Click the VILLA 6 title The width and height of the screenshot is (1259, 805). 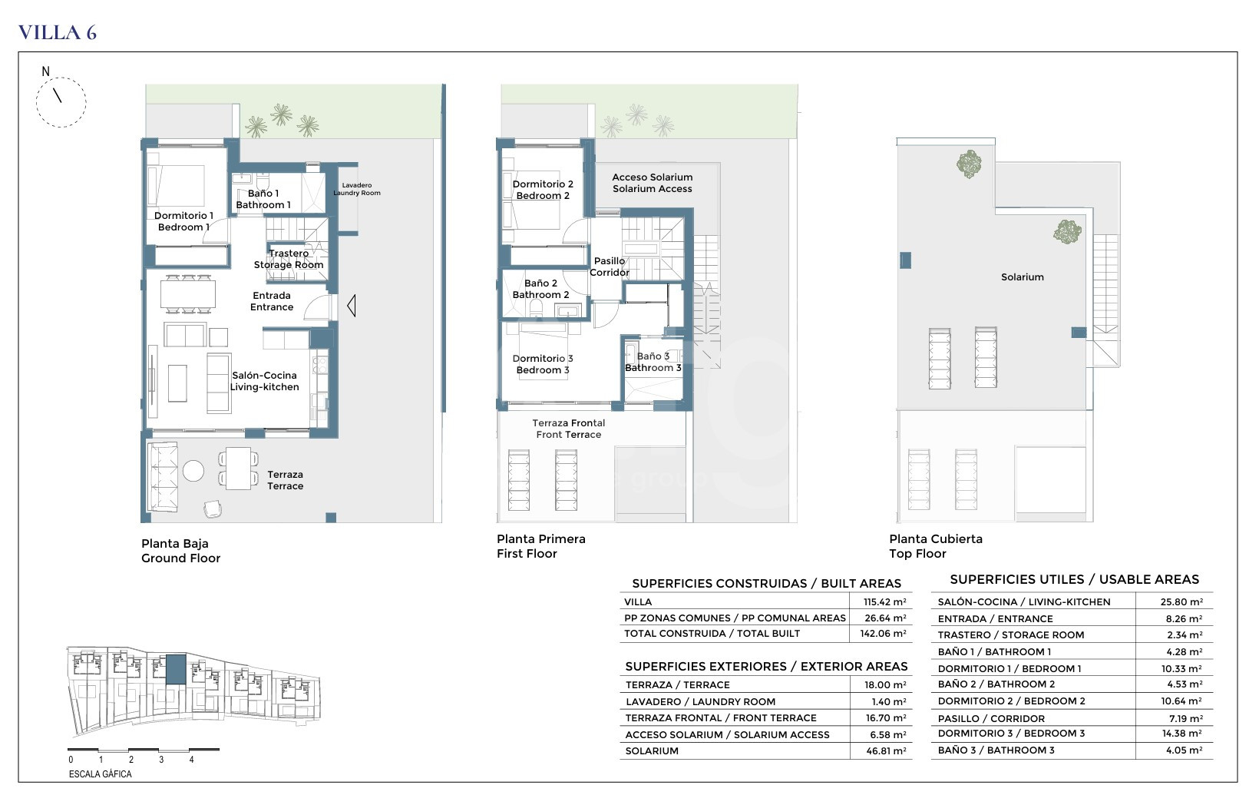pos(58,32)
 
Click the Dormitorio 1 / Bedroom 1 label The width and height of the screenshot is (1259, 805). pos(183,221)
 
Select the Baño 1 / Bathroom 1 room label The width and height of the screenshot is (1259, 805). pos(263,199)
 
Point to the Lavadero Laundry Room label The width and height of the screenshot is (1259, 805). pos(357,189)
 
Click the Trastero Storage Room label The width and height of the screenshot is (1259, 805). pos(289,259)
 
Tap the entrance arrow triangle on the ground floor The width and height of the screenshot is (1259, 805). pos(352,306)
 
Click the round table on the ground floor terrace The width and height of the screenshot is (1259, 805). pos(193,471)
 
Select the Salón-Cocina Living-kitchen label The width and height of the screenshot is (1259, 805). pos(264,381)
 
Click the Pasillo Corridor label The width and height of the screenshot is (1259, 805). pos(610,267)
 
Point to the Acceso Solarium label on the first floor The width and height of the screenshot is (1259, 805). pos(652,177)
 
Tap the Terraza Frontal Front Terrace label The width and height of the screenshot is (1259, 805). pos(569,429)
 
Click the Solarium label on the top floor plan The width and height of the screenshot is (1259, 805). pos(1023,277)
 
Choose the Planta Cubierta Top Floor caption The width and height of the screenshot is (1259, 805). pos(936,546)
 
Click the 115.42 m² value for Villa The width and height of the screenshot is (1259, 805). pos(884,602)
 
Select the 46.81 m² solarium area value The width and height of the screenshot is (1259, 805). pos(886,751)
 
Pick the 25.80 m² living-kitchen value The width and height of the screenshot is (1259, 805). pos(1181,602)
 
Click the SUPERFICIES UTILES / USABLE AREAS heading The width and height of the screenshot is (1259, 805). pos(1074,579)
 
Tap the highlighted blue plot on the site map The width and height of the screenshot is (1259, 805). pos(175,670)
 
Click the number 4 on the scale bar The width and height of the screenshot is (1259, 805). pos(192,760)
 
